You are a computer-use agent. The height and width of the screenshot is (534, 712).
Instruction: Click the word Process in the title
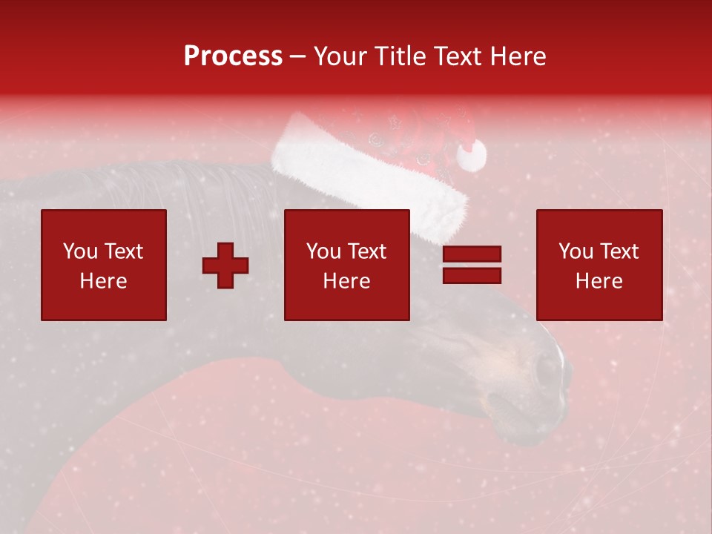click(233, 56)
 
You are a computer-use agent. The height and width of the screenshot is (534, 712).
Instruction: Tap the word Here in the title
click(518, 56)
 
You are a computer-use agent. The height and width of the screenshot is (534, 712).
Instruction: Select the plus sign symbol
click(225, 265)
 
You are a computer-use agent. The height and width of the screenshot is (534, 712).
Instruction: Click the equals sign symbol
click(472, 265)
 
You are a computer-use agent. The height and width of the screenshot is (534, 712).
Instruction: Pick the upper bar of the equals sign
click(472, 255)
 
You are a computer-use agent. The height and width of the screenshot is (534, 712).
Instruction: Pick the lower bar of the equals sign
click(472, 275)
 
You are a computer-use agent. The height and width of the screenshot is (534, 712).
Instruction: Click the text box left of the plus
click(103, 265)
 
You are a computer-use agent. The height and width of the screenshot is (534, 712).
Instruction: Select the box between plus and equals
click(346, 265)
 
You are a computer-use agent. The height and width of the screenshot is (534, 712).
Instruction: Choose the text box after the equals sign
click(599, 265)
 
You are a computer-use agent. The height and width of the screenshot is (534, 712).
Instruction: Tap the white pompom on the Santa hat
click(471, 155)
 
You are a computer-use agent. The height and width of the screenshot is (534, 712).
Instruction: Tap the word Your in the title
click(340, 56)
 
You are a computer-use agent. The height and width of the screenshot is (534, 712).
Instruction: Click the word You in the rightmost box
click(576, 251)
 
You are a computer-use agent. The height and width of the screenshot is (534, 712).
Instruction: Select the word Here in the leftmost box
click(103, 281)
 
